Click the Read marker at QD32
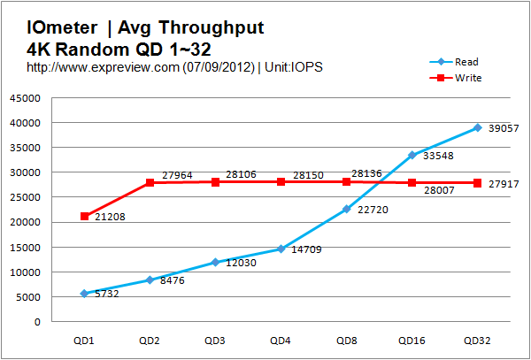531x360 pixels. pos(477,127)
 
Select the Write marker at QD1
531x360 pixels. pos(84,216)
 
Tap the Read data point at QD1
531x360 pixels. pos(84,293)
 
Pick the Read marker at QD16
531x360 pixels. pos(412,155)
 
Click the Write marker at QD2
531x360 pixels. pos(150,182)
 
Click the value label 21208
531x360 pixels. pos(107,217)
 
